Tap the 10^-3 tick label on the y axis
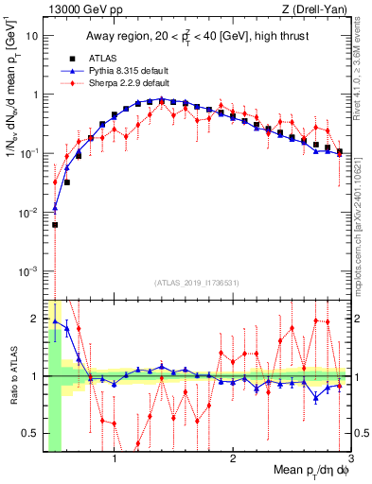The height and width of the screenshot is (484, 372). (x=28, y=271)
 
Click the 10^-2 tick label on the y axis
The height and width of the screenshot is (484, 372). (x=28, y=213)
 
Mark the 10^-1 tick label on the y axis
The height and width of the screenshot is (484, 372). (x=28, y=153)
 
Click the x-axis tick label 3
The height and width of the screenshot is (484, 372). (x=350, y=460)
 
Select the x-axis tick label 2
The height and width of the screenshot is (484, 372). (x=233, y=460)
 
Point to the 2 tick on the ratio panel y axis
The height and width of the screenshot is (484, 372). (x=34, y=318)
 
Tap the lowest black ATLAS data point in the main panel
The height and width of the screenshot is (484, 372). (x=55, y=225)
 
